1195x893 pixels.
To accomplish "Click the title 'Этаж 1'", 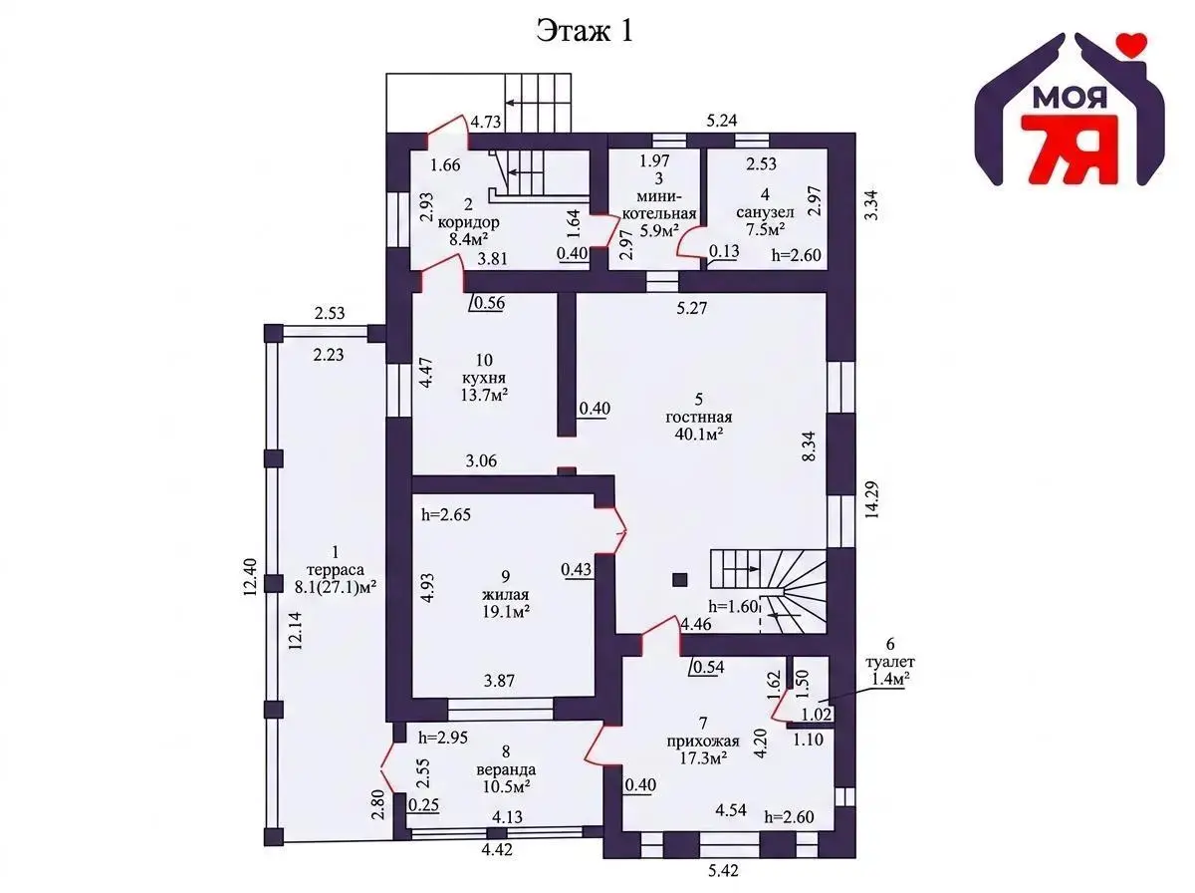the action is click(x=586, y=31).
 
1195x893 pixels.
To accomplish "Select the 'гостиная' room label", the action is click(x=698, y=418).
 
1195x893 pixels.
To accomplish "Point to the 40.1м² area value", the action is click(x=698, y=435).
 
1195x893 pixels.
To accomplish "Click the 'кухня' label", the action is click(x=483, y=378).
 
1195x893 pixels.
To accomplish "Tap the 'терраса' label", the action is click(x=335, y=570).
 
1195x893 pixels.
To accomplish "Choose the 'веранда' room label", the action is click(x=506, y=769).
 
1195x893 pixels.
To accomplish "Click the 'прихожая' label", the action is click(x=703, y=741).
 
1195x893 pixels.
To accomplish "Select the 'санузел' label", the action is click(x=765, y=212).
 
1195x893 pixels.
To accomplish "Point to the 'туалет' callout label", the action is click(x=889, y=662).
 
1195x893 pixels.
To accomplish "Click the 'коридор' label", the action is click(x=468, y=222).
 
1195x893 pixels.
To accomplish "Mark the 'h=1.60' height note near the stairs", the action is click(x=733, y=606).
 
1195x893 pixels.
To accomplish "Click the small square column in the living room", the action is click(x=679, y=580).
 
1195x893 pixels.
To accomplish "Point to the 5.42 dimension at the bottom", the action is click(x=723, y=871).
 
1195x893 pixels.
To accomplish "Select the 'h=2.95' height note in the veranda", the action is click(x=442, y=738).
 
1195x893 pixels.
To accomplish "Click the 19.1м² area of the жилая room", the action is click(x=506, y=612).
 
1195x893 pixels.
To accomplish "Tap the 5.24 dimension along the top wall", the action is click(x=721, y=121).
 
